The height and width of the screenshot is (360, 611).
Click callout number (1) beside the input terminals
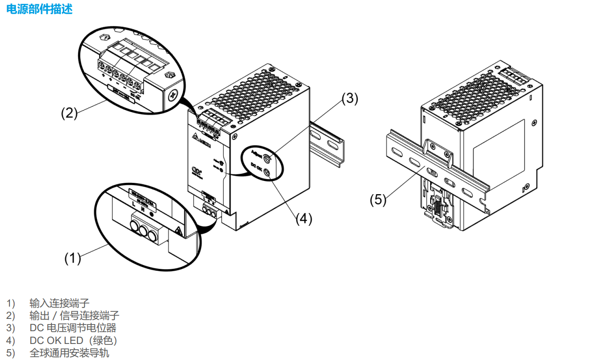coord(73,258)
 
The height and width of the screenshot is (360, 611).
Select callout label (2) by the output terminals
coord(69,113)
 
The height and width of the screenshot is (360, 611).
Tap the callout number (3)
coord(350,98)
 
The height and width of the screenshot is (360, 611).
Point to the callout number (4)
coord(304,219)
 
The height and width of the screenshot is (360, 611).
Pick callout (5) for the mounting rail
coord(378,200)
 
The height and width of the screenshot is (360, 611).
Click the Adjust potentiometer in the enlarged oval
coord(268,158)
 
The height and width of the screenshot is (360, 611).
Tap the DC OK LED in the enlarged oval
coord(267,173)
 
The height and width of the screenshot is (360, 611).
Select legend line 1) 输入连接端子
coord(59,303)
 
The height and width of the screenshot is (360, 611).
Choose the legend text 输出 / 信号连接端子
coord(74,315)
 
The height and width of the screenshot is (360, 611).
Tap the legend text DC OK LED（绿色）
coord(73,340)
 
